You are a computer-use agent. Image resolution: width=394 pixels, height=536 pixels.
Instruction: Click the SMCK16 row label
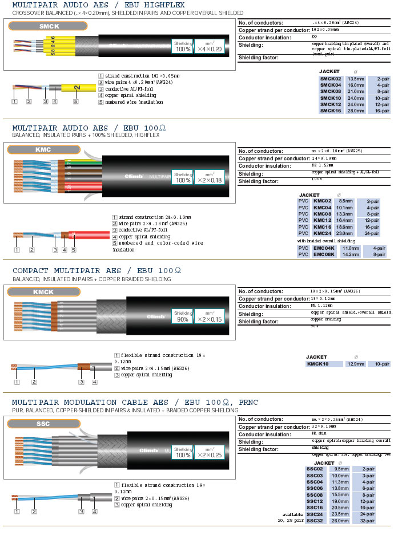click(331, 111)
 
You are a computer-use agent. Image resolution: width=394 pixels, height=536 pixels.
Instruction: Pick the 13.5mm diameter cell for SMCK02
click(356, 79)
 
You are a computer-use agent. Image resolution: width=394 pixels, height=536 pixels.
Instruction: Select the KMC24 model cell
click(323, 233)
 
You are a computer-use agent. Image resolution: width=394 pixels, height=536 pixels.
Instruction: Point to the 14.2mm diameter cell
click(351, 255)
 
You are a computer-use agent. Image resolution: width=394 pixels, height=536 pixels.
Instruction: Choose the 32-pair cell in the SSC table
click(365, 521)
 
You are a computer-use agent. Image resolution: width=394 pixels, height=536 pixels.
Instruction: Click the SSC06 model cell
click(315, 489)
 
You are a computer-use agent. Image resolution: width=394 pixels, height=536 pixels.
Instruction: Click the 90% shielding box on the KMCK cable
click(183, 316)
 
